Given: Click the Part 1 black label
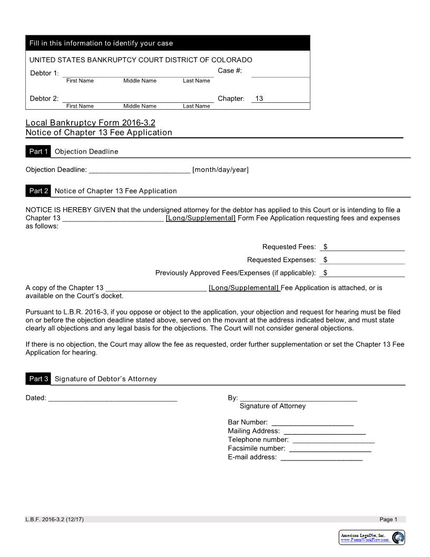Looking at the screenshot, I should pos(38,151).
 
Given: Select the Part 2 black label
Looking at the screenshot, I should pos(38,191).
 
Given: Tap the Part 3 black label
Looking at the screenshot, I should pos(38,379).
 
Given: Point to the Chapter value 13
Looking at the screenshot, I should pos(259,99).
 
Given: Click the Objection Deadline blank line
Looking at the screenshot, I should pos(139,170).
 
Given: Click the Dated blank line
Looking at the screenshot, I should pos(113,398).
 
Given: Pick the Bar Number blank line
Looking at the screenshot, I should pos(312,422).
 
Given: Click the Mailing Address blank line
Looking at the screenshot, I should pos(324,431).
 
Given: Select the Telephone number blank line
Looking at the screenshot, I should pos(333,440).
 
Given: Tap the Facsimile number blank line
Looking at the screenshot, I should pos(330,449).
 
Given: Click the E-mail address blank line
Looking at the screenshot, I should pos(321,457).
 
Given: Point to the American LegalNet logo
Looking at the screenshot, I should pos(372,537).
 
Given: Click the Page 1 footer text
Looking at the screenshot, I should pos(388,520).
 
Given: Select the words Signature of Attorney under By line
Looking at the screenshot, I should pos(272,406).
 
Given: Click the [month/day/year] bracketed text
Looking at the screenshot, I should pos(220,170).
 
